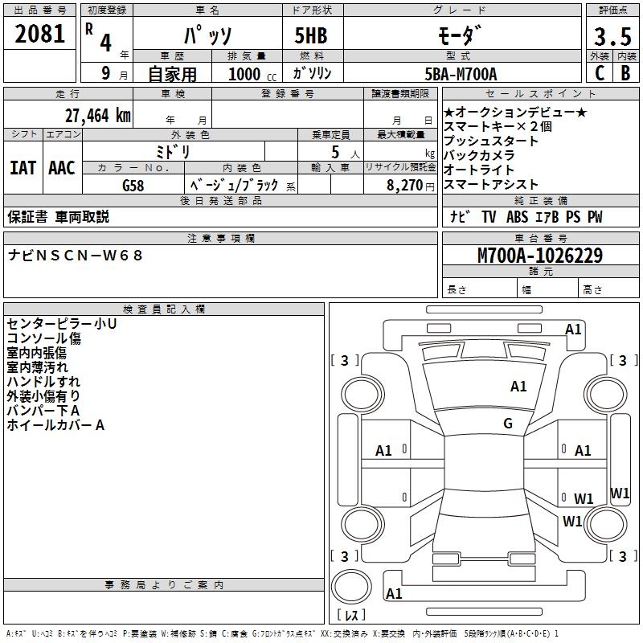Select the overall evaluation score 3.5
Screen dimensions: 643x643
tap(612, 37)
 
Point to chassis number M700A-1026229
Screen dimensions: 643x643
tap(539, 256)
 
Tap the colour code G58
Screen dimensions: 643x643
tap(133, 186)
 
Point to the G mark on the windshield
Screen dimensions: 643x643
tap(508, 424)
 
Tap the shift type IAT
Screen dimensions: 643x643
tap(23, 168)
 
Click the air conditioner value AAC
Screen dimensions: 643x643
tap(62, 168)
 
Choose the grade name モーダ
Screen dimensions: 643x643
tap(459, 36)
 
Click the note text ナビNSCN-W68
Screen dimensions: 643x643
tap(76, 256)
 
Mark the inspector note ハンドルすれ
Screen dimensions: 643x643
tap(43, 381)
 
